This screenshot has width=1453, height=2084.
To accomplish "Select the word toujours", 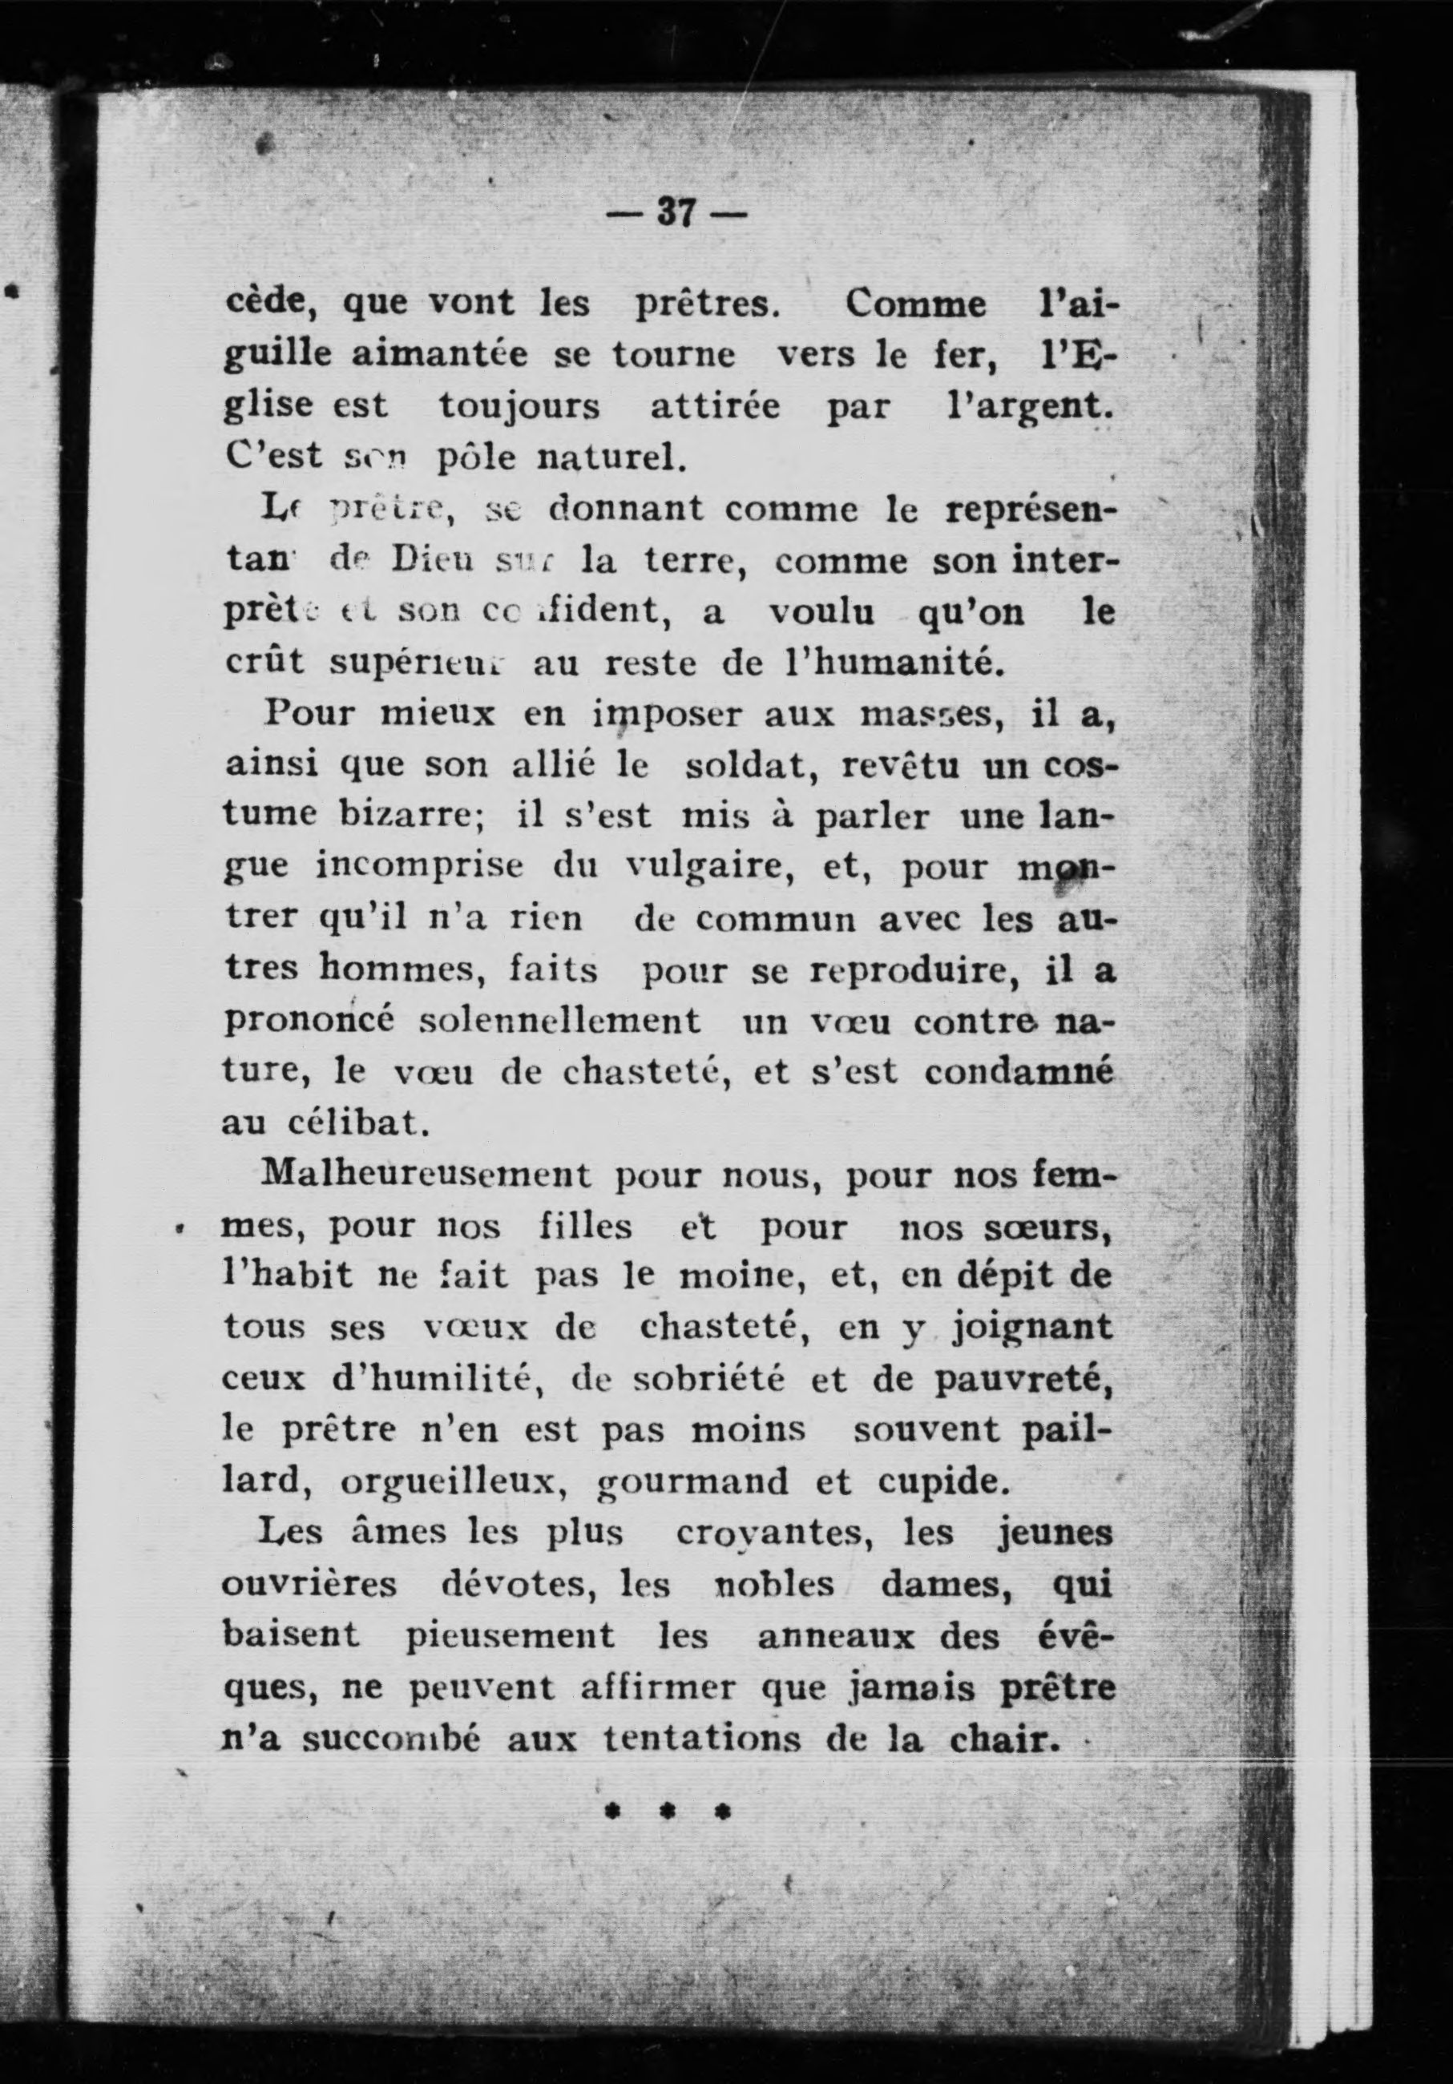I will pyautogui.click(x=519, y=405).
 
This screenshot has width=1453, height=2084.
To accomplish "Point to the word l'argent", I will pyautogui.click(x=1023, y=405).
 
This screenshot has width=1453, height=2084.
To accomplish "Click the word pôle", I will pyautogui.click(x=478, y=457).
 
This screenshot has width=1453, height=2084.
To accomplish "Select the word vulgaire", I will pyautogui.click(x=695, y=867).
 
